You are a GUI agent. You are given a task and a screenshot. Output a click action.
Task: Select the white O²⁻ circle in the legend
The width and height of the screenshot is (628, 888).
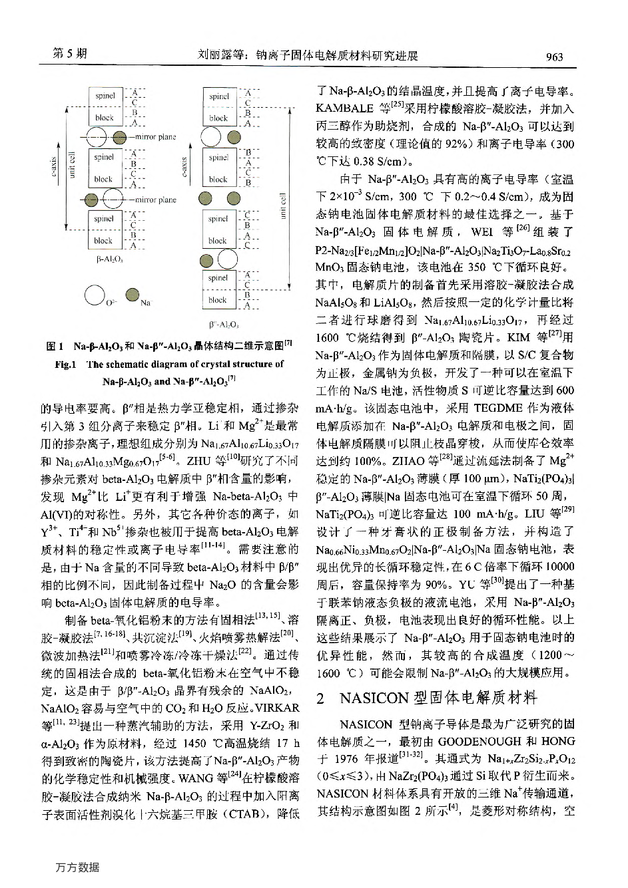pos(94,294)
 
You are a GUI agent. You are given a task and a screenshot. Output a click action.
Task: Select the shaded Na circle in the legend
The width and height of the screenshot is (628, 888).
pos(132,294)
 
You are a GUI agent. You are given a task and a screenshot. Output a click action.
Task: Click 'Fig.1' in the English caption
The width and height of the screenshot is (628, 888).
pos(66,365)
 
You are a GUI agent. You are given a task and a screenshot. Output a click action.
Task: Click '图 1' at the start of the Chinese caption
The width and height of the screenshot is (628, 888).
pos(54,347)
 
